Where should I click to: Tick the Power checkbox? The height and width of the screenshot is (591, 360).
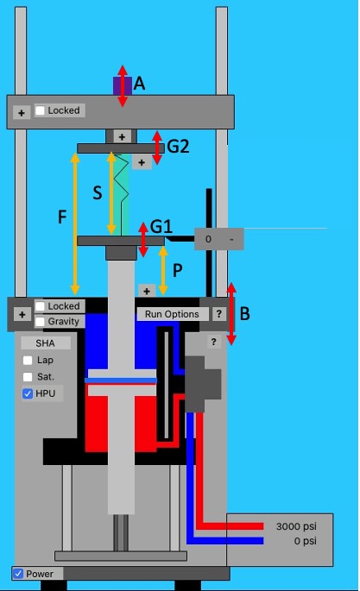(x=18, y=574)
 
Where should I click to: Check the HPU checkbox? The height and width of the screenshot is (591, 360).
(x=28, y=393)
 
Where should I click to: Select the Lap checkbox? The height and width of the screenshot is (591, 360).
(x=28, y=361)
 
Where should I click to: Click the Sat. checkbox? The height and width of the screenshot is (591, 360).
(x=28, y=377)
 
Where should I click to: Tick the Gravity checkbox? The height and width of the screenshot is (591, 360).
(x=40, y=322)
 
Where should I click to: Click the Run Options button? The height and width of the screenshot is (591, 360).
(x=172, y=314)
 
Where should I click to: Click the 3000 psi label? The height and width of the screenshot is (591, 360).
(x=295, y=526)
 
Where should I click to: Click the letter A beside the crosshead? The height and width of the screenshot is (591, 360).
(x=140, y=84)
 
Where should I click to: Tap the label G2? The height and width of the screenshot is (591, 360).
(x=178, y=147)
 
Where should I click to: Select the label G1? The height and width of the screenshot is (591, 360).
(x=161, y=226)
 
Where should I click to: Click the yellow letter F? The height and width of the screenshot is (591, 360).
(x=62, y=217)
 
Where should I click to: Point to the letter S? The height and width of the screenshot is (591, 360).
(x=98, y=192)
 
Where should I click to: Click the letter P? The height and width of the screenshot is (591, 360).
(x=177, y=270)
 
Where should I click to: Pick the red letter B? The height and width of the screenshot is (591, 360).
(x=244, y=315)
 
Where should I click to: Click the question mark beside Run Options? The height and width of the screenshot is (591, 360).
(x=219, y=314)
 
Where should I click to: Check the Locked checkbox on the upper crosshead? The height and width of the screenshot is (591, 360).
(x=40, y=110)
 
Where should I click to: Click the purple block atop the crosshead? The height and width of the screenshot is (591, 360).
(x=118, y=85)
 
